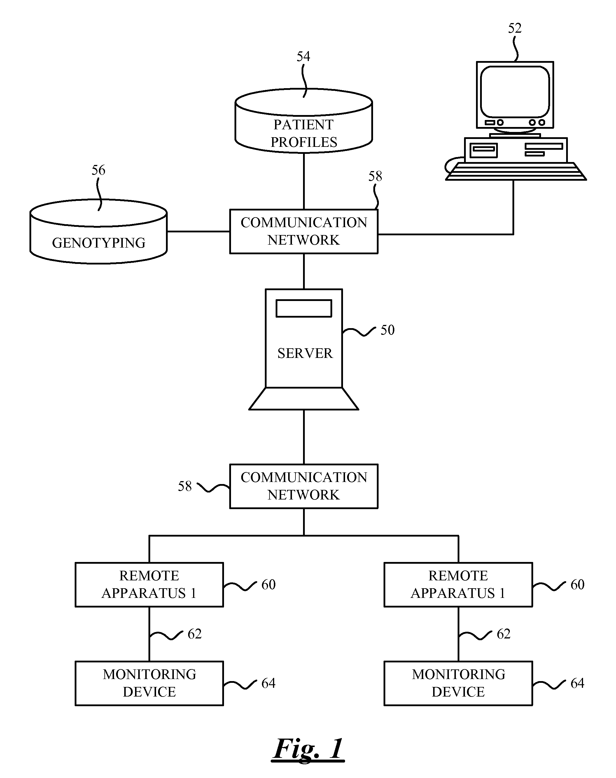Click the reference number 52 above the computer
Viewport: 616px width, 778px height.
514,28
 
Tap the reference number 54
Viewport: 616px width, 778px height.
303,56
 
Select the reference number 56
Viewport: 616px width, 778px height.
98,170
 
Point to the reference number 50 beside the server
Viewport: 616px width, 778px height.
387,330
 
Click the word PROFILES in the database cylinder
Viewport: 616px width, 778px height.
304,142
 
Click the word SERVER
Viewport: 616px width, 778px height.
305,353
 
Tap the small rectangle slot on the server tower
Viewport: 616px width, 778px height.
304,309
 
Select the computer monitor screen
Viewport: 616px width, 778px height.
515,92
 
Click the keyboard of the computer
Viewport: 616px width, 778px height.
515,171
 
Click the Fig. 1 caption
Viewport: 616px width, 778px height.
308,749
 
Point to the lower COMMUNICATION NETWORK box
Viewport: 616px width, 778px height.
304,486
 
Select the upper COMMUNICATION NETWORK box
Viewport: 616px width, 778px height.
304,231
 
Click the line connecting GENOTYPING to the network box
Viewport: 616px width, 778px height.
198,231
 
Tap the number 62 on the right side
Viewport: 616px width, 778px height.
503,634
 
